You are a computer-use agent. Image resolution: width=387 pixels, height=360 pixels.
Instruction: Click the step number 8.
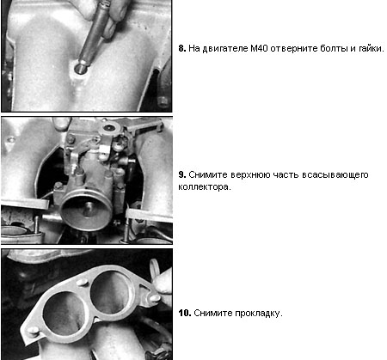click(182, 48)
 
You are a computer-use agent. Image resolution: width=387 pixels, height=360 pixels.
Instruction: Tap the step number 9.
click(182, 174)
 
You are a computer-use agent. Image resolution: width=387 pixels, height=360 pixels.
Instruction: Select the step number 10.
click(185, 313)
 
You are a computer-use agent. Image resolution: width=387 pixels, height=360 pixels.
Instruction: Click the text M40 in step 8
click(259, 48)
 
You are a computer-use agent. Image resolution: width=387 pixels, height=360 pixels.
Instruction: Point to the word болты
click(334, 48)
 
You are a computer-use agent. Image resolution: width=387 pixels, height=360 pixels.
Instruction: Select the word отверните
click(294, 48)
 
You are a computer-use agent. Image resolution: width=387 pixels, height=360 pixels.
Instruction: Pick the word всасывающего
click(335, 174)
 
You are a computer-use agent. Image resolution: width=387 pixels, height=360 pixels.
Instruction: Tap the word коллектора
click(205, 187)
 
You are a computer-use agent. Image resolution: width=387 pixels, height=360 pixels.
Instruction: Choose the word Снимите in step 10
click(213, 313)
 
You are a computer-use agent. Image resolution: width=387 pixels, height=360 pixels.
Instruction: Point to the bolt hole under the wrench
click(79, 68)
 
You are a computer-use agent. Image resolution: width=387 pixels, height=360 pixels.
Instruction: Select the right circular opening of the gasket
click(113, 291)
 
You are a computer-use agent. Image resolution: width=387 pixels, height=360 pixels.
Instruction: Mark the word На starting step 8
click(194, 48)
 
